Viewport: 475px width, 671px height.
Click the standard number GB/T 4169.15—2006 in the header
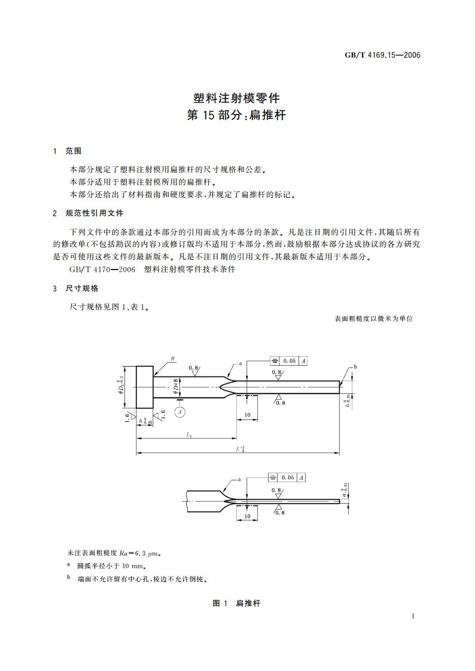pyautogui.click(x=383, y=55)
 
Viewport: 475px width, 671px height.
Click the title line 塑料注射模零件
pyautogui.click(x=237, y=96)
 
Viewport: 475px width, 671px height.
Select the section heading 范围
pyautogui.click(x=74, y=151)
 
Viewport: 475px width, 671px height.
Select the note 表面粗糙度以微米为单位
pyautogui.click(x=374, y=319)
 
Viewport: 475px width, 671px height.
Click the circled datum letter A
pyautogui.click(x=179, y=411)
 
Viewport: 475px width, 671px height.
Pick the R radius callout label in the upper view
pyautogui.click(x=172, y=359)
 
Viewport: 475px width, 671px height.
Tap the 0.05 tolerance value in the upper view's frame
pyautogui.click(x=290, y=361)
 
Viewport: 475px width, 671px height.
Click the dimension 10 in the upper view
pyautogui.click(x=246, y=415)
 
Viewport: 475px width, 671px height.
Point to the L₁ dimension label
pyautogui.click(x=189, y=435)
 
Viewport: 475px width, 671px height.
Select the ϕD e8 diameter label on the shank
pyautogui.click(x=176, y=386)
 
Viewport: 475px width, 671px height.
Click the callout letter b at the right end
pyautogui.click(x=355, y=366)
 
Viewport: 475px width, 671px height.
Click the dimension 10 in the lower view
pyautogui.click(x=247, y=515)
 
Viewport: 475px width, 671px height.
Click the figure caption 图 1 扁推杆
pyautogui.click(x=237, y=603)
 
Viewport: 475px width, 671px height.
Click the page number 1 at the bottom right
pyautogui.click(x=413, y=616)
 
